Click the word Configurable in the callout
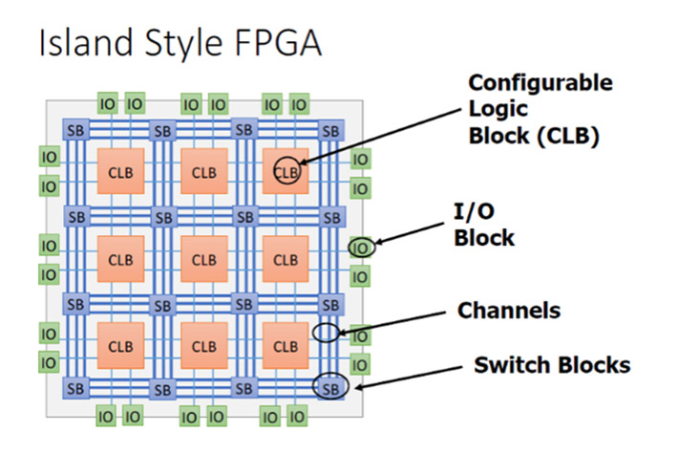pos(540,83)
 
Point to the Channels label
pos(508,311)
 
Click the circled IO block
pos(360,248)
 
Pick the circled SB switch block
pos(330,388)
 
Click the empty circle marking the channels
pos(327,332)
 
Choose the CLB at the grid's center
pos(204,259)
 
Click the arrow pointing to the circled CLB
pos(382,140)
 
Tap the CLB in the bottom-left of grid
pos(121,346)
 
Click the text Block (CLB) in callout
pos(533,136)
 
